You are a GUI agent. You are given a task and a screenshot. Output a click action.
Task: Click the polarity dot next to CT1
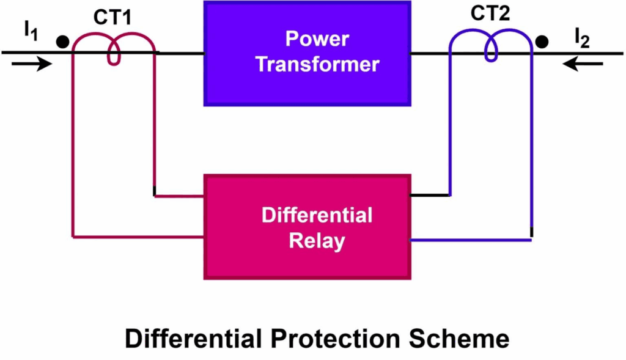[x=62, y=42]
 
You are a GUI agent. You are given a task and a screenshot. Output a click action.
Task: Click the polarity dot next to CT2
[x=541, y=42]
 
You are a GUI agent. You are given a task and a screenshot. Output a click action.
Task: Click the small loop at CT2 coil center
[x=491, y=53]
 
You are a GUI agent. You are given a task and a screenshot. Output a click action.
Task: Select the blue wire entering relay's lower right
[x=471, y=240]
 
